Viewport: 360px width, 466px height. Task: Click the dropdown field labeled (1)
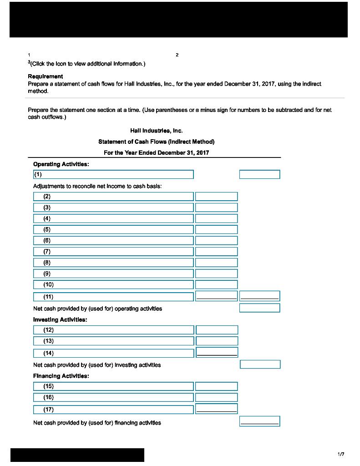point(113,174)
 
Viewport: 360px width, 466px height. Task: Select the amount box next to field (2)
point(216,197)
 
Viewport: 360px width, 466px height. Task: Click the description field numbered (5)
point(113,229)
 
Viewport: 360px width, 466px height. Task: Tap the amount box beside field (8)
point(216,263)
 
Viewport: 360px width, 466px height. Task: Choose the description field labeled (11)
point(113,297)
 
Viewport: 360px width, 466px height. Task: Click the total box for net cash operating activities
point(259,308)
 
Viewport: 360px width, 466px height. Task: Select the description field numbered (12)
point(113,330)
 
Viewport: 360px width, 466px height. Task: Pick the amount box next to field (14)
point(217,352)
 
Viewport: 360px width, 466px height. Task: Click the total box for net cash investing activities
point(260,365)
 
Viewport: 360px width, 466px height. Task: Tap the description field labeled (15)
point(113,386)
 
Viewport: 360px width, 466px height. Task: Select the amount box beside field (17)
point(216,409)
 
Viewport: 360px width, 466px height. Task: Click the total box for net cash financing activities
point(259,421)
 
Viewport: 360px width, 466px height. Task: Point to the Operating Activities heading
point(61,164)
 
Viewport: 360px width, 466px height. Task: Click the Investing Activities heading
point(60,319)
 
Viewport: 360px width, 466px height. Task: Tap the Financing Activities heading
point(61,376)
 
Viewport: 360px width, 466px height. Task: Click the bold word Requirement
point(46,76)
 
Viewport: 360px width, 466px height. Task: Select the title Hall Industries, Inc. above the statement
point(156,131)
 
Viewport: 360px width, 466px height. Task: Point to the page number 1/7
point(341,454)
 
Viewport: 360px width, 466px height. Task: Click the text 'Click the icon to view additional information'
point(88,64)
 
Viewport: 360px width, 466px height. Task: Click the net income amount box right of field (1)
point(259,174)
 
